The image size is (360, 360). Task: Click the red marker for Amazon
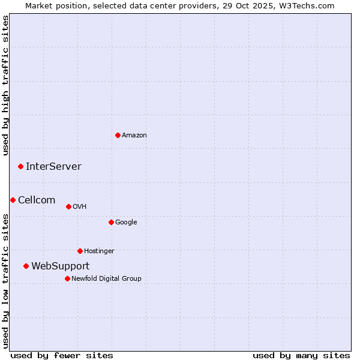118,135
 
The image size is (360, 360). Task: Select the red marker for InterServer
20,166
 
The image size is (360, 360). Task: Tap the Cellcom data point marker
13,200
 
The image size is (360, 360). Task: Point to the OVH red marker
68,206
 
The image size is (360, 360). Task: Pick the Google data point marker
111,222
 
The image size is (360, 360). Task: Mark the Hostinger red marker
80,251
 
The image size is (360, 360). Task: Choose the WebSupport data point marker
26,266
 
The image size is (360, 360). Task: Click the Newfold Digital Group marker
67,278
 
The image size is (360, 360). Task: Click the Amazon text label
134,135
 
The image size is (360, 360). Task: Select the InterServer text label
53,166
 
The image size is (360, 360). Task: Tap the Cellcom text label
37,200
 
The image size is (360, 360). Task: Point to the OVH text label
80,206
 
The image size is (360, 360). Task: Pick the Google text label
126,222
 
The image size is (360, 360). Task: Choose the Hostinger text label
99,251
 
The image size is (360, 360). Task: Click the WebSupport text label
61,266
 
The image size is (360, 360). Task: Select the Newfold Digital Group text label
106,278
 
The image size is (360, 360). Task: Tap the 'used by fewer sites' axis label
62,355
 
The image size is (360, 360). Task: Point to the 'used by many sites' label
301,355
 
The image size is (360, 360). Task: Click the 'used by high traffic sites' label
5,85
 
